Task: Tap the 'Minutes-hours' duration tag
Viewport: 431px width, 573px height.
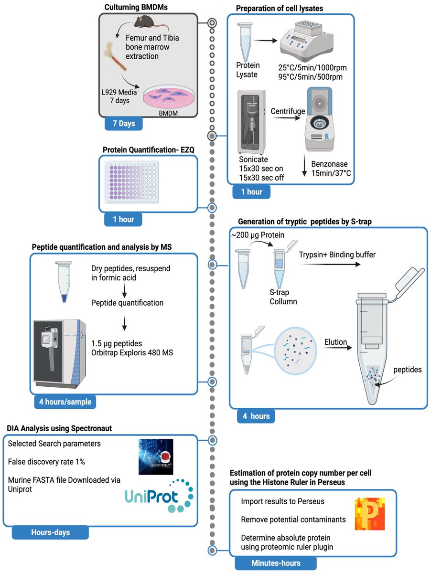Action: tap(276, 563)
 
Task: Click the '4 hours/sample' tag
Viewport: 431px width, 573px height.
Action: tap(65, 402)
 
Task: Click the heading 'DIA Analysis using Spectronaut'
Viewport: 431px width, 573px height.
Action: tap(60, 428)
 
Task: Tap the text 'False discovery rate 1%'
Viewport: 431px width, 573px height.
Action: tap(45, 461)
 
